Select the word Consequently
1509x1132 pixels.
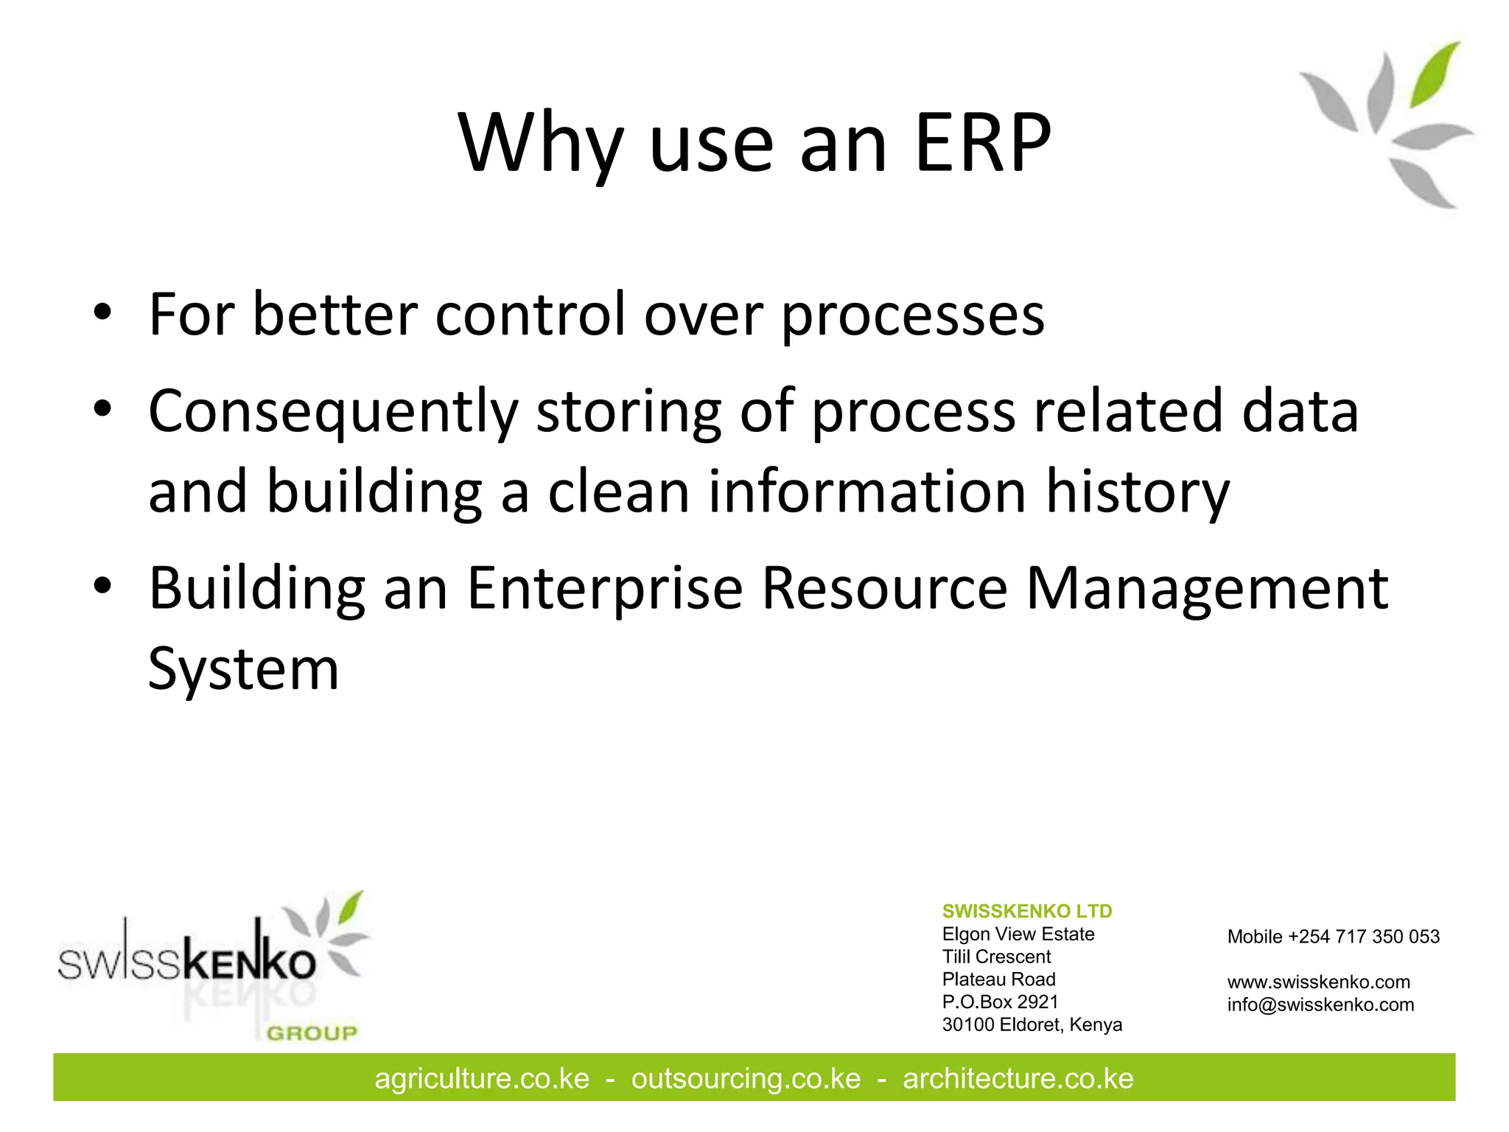(333, 411)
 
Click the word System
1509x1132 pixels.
(243, 668)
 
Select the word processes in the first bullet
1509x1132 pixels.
(912, 315)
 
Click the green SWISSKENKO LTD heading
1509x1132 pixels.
(1026, 911)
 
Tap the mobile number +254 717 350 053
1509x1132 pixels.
(1363, 937)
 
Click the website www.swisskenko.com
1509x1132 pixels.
(1318, 982)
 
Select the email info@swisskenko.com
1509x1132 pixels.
(1320, 1005)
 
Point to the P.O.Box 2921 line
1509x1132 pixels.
(1000, 1002)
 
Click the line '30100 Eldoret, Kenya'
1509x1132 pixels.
(1032, 1024)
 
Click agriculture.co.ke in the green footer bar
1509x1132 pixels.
(482, 1079)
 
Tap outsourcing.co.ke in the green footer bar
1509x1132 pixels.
(746, 1079)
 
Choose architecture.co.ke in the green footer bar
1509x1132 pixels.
(1018, 1079)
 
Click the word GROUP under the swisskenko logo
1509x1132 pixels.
(312, 1033)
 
